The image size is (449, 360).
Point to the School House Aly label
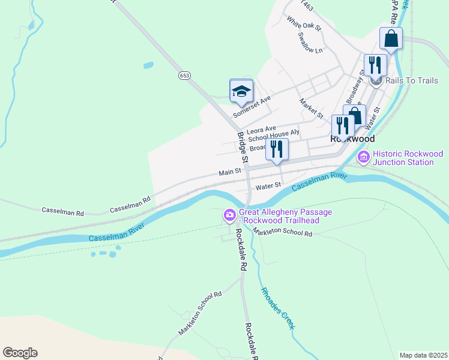pyautogui.click(x=273, y=136)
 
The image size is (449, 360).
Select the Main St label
pyautogui.click(x=229, y=172)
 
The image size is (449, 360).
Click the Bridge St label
pyautogui.click(x=242, y=148)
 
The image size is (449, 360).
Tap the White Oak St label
pyautogui.click(x=304, y=23)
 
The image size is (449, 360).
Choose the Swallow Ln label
pyautogui.click(x=310, y=41)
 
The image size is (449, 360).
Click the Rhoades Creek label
pyautogui.click(x=277, y=307)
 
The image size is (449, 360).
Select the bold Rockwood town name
pyautogui.click(x=352, y=138)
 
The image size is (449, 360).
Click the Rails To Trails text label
pyautogui.click(x=411, y=80)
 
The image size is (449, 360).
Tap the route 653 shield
pyautogui.click(x=184, y=75)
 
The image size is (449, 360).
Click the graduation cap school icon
pyautogui.click(x=241, y=91)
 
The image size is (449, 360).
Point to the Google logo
pyautogui.click(x=20, y=352)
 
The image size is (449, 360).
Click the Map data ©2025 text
pyautogui.click(x=423, y=355)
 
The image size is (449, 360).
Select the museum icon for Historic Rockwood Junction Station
pyautogui.click(x=363, y=157)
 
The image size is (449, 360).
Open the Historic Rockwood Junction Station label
pyautogui.click(x=407, y=158)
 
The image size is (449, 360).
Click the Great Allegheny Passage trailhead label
pyautogui.click(x=285, y=216)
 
